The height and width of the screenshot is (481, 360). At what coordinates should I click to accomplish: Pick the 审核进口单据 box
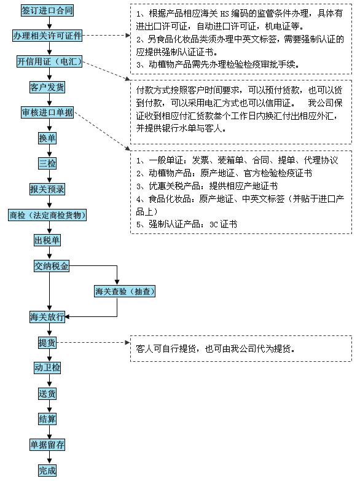point(47,112)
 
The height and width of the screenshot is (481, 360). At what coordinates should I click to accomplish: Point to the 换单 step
point(47,138)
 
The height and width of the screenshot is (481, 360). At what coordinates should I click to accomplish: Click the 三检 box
point(47,163)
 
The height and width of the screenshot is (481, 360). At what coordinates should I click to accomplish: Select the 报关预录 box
point(47,189)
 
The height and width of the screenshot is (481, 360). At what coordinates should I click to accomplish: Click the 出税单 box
point(47,240)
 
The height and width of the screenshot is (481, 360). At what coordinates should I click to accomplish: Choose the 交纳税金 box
point(52,266)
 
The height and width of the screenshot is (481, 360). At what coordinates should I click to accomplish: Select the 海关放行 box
point(47,317)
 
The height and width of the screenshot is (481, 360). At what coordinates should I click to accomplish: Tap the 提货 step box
point(47,342)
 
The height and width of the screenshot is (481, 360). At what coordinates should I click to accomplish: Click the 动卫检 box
point(47,368)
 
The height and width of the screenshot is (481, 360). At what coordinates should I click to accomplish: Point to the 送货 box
point(47,394)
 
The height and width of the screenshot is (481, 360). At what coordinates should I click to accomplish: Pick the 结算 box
point(47,419)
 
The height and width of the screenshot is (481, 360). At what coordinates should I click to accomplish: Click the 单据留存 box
point(47,444)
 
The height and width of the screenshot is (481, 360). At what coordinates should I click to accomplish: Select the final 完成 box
point(47,470)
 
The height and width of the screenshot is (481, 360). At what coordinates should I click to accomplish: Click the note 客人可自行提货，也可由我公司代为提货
point(240,348)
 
